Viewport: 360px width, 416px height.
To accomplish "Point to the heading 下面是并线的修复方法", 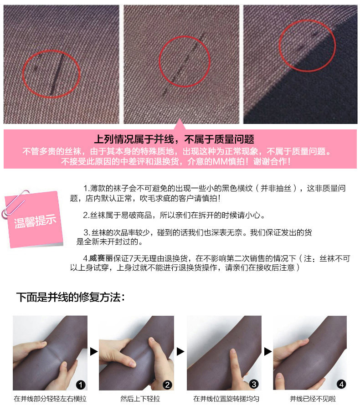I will tap(71, 298).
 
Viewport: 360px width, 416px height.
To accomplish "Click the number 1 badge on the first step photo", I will tap(81, 385).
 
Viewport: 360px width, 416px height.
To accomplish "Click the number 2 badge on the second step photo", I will tap(167, 385).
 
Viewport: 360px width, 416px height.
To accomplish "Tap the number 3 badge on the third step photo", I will tap(254, 385).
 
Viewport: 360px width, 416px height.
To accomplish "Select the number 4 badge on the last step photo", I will tap(341, 385).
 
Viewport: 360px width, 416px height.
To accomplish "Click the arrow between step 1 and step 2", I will tap(93, 351).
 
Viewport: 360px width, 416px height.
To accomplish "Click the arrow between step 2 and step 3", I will tap(180, 351).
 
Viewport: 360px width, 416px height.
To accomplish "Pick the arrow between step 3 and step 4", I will tap(267, 351).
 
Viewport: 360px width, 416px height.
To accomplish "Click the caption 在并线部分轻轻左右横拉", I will tap(50, 399).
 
